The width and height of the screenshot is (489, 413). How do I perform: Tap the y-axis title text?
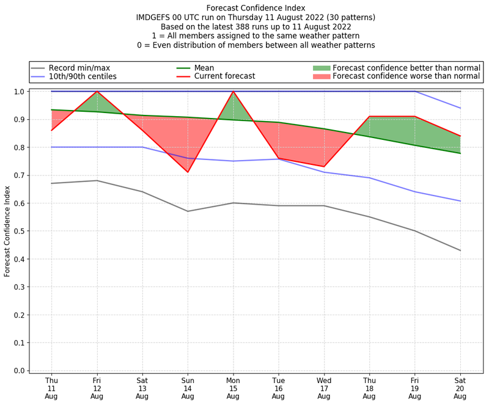tap(8, 231)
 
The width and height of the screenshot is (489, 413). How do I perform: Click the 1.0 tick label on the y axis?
tap(18, 92)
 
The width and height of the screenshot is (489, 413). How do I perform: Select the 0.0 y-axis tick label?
tap(18, 371)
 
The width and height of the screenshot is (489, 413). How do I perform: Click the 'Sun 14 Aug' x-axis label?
tap(188, 388)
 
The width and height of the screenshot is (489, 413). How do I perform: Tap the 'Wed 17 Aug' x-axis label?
tap(324, 388)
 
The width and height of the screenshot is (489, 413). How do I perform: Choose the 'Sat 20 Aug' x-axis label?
tap(460, 388)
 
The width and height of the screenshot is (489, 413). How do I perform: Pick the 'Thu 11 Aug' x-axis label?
tap(51, 388)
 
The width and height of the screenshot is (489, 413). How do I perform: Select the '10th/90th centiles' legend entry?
tap(83, 76)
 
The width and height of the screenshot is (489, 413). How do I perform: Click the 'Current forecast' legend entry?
tap(224, 76)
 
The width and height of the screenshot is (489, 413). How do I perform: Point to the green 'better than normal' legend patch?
tap(321, 68)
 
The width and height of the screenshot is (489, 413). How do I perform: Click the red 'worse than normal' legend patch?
tap(321, 76)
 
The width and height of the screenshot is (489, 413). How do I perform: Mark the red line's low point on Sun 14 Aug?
tap(188, 172)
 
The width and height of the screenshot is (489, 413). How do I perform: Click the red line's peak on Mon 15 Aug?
tap(233, 92)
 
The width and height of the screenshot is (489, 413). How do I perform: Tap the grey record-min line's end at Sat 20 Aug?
tap(460, 250)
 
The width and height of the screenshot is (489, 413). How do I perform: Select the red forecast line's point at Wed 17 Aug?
tap(324, 167)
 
